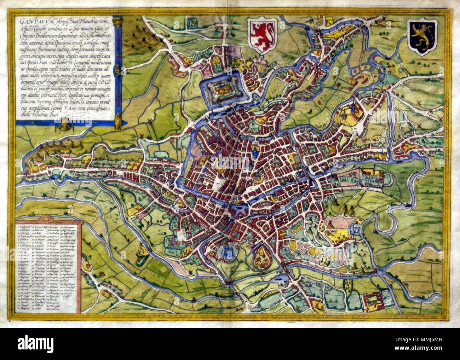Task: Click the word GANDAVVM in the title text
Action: click(30, 22)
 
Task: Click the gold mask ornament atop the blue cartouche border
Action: click(117, 21)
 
